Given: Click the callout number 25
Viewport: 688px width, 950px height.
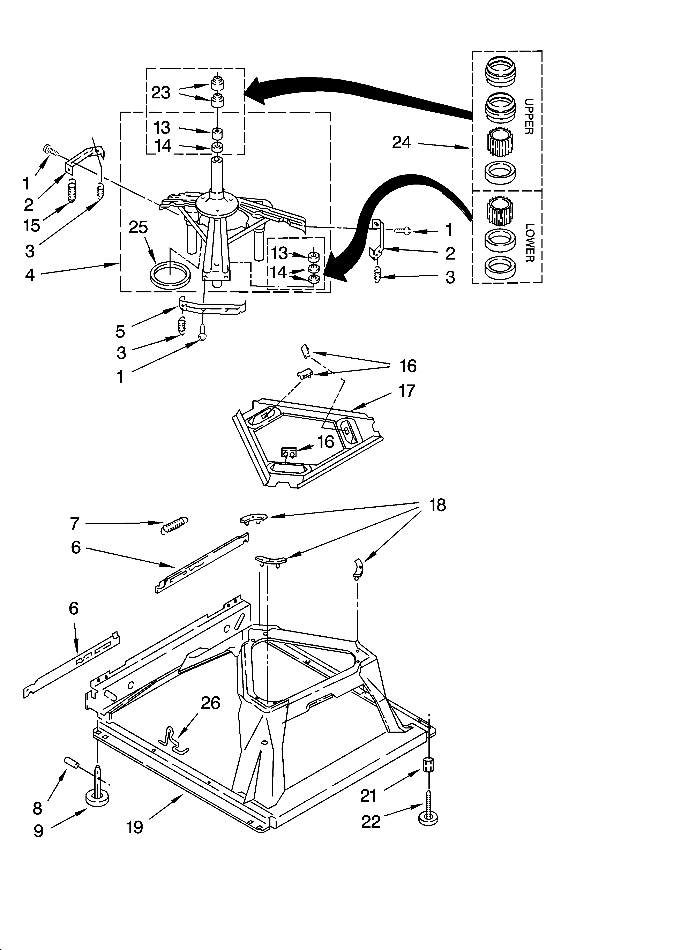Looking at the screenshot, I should pyautogui.click(x=138, y=227).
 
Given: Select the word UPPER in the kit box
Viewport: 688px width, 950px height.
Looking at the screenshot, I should pyautogui.click(x=529, y=117).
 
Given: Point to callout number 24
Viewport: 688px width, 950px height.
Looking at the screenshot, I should pyautogui.click(x=401, y=143).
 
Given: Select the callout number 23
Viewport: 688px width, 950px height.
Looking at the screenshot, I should pyautogui.click(x=160, y=92).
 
